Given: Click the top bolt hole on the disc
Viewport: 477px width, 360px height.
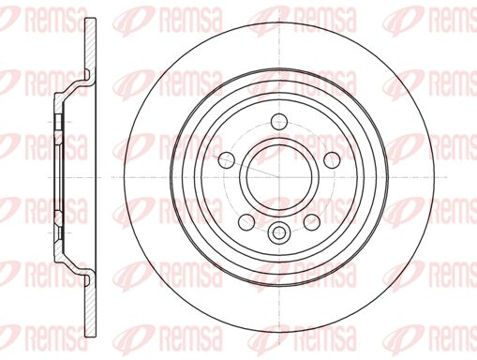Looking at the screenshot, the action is pyautogui.click(x=279, y=122).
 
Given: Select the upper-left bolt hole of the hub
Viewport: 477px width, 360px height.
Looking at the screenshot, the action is pyautogui.click(x=226, y=160).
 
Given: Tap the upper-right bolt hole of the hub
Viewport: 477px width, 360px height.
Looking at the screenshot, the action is pyautogui.click(x=332, y=160).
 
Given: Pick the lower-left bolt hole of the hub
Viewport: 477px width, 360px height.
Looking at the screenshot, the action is pyautogui.click(x=246, y=222).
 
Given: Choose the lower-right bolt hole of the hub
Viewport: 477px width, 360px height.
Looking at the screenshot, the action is pyautogui.click(x=312, y=222).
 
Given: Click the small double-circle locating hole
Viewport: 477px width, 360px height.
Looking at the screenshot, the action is pyautogui.click(x=279, y=232).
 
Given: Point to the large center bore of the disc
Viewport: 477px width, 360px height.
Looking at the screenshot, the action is pyautogui.click(x=279, y=177).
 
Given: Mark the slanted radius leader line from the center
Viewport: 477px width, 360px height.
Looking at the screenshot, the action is pyautogui.click(x=246, y=167).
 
